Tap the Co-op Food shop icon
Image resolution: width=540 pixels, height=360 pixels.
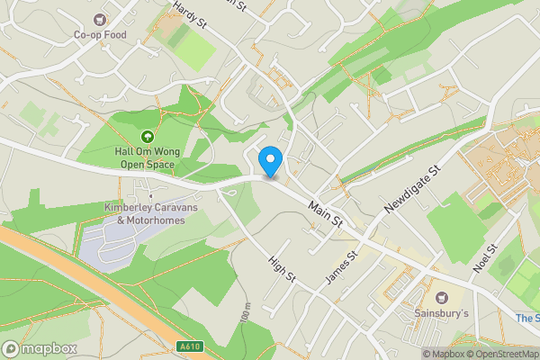(x=100, y=19)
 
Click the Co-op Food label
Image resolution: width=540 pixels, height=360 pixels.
(x=100, y=35)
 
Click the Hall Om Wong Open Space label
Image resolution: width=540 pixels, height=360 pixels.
(x=145, y=158)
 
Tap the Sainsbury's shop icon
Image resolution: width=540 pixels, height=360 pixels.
(x=442, y=296)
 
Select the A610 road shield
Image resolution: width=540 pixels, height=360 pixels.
(x=189, y=346)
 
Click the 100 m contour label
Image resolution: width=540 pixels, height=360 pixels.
(x=245, y=315)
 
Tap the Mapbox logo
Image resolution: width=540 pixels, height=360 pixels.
(x=40, y=348)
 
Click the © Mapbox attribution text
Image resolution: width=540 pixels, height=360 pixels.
(x=444, y=354)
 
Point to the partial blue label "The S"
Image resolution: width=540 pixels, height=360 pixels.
(x=526, y=319)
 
